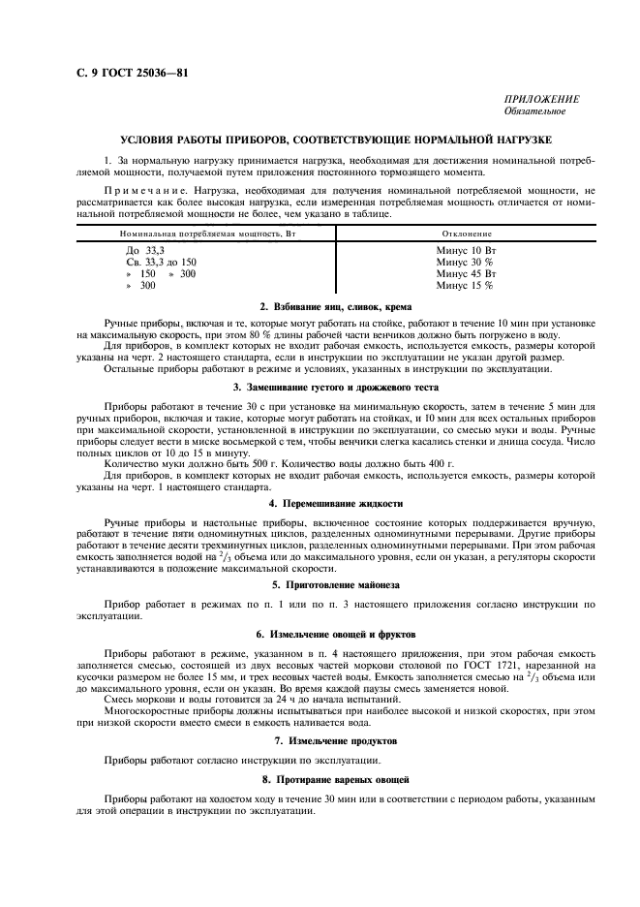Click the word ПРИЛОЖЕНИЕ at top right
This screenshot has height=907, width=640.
pyautogui.click(x=542, y=100)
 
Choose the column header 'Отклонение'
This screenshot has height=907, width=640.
pyautogui.click(x=467, y=235)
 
